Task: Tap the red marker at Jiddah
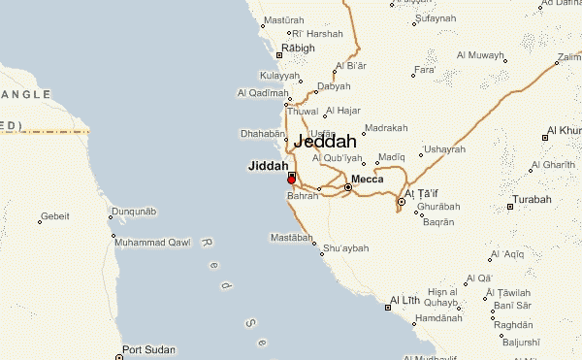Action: [291, 180]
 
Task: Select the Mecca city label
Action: [368, 180]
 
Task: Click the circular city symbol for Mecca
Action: [348, 186]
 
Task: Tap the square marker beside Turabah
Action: [511, 207]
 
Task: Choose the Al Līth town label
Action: [404, 301]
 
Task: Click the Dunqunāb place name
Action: [133, 211]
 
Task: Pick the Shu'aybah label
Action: [346, 248]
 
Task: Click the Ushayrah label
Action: [444, 148]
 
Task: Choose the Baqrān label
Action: [438, 222]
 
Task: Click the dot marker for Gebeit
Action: [40, 222]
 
